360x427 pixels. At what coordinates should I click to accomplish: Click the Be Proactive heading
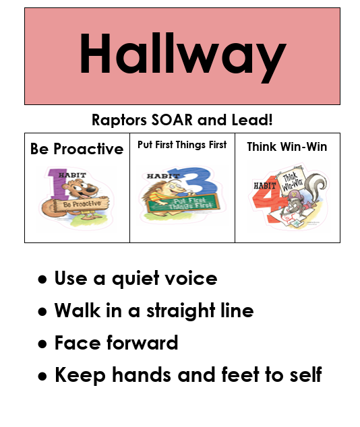[77, 149]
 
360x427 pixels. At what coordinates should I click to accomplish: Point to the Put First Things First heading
[182, 145]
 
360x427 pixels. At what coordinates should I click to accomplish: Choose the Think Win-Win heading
[287, 146]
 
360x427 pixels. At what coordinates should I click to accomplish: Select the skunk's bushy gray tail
[316, 187]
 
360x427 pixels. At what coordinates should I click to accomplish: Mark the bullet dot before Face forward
[42, 344]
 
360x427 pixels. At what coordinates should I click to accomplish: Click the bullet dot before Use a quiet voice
[42, 280]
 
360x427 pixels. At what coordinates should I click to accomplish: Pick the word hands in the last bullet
[128, 375]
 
